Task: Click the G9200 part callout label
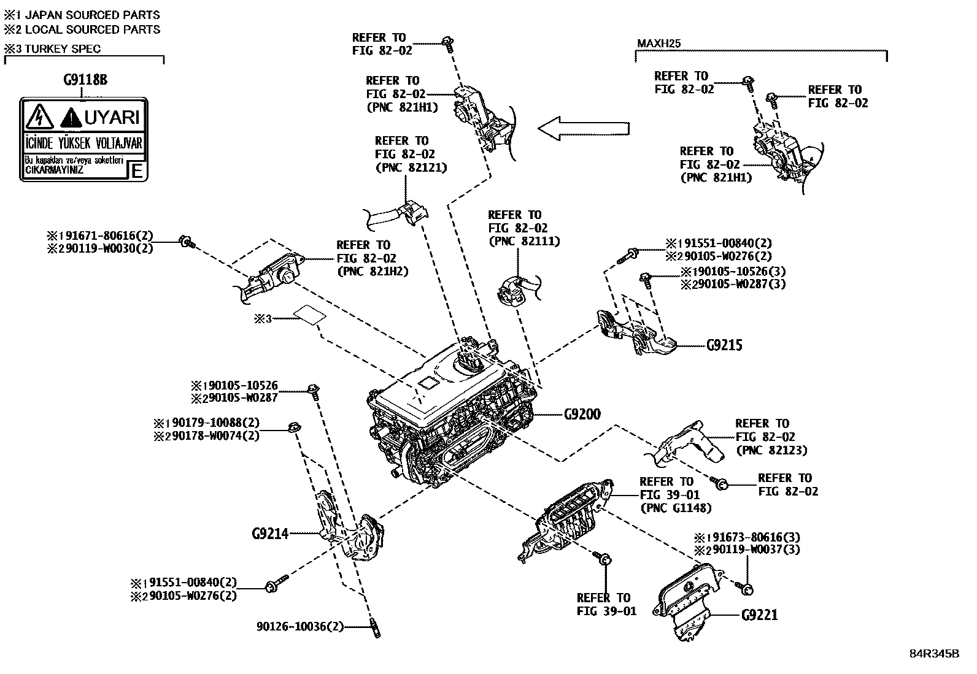pyautogui.click(x=582, y=415)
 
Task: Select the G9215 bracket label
pyautogui.click(x=724, y=345)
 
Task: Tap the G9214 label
pyautogui.click(x=270, y=534)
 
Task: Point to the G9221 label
pyautogui.click(x=759, y=615)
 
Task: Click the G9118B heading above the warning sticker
pyautogui.click(x=90, y=80)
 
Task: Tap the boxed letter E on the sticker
pyautogui.click(x=137, y=170)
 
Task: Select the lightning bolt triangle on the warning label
pyautogui.click(x=39, y=115)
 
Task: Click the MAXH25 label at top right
pyautogui.click(x=659, y=44)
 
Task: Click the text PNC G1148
pyautogui.click(x=676, y=508)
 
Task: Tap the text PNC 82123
pyautogui.click(x=771, y=450)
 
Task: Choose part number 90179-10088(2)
pyautogui.click(x=212, y=423)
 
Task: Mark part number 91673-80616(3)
pyautogui.click(x=754, y=537)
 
